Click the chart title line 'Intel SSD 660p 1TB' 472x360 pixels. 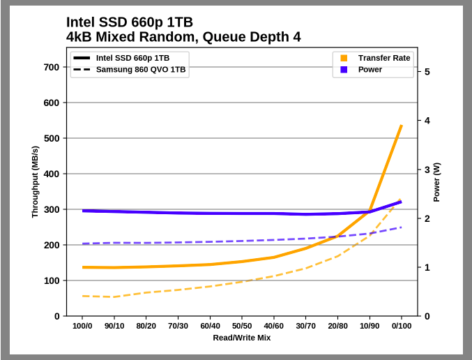[129, 22]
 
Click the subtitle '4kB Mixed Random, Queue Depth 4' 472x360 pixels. [183, 37]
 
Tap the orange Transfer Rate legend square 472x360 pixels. [344, 58]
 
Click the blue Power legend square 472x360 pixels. [344, 70]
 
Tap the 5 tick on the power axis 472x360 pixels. [427, 72]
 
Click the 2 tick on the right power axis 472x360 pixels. [427, 218]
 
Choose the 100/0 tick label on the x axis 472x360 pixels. [82, 326]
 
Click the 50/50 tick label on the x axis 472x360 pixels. [242, 326]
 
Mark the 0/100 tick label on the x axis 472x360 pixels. [401, 326]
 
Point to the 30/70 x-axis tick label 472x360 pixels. [305, 326]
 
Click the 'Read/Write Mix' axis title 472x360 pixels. [242, 338]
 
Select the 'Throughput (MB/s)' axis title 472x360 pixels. [35, 182]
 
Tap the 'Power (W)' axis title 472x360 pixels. [436, 182]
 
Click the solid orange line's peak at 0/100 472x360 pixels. [401, 126]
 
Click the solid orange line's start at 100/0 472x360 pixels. [83, 267]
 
